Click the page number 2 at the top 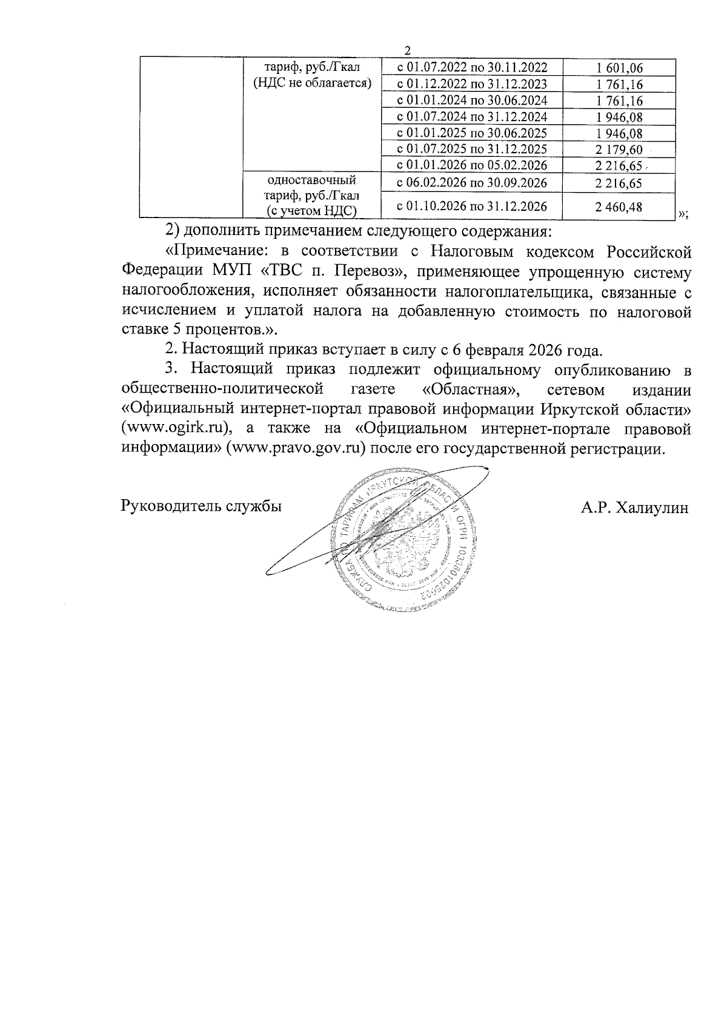pyautogui.click(x=408, y=50)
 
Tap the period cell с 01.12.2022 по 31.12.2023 pyautogui.click(x=472, y=84)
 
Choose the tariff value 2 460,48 pyautogui.click(x=619, y=207)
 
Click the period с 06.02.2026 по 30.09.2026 pyautogui.click(x=472, y=183)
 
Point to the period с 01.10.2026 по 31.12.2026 pyautogui.click(x=472, y=207)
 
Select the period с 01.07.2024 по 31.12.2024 pyautogui.click(x=472, y=117)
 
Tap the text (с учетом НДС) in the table pyautogui.click(x=311, y=210)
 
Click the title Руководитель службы pyautogui.click(x=202, y=507)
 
